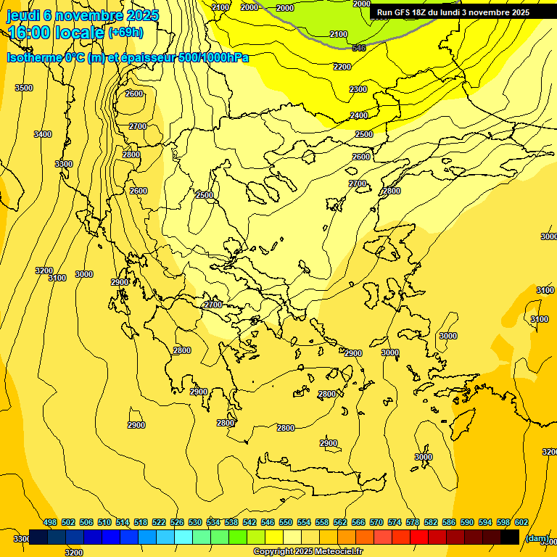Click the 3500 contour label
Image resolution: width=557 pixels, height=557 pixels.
pos(24,88)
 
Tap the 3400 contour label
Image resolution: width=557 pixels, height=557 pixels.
pos(43,134)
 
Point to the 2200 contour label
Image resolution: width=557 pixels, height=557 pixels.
pos(342,67)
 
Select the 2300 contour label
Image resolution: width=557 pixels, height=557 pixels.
pos(358,89)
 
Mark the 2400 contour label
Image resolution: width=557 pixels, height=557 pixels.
pos(359,115)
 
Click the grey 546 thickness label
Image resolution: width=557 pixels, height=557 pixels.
pos(358,48)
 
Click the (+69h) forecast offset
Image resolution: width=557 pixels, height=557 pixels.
pos(125,33)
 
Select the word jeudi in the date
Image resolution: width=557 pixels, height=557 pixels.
pos(24,15)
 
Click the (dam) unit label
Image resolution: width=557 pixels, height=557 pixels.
pos(537,538)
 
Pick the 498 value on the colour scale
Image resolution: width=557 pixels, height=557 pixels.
pos(50,522)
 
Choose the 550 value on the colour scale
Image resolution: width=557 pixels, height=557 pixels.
pos(286,522)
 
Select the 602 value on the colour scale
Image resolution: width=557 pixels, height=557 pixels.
pos(521,522)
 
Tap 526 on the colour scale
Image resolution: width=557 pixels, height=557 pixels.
pos(177,522)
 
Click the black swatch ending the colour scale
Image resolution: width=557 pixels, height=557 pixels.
pos(510,537)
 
